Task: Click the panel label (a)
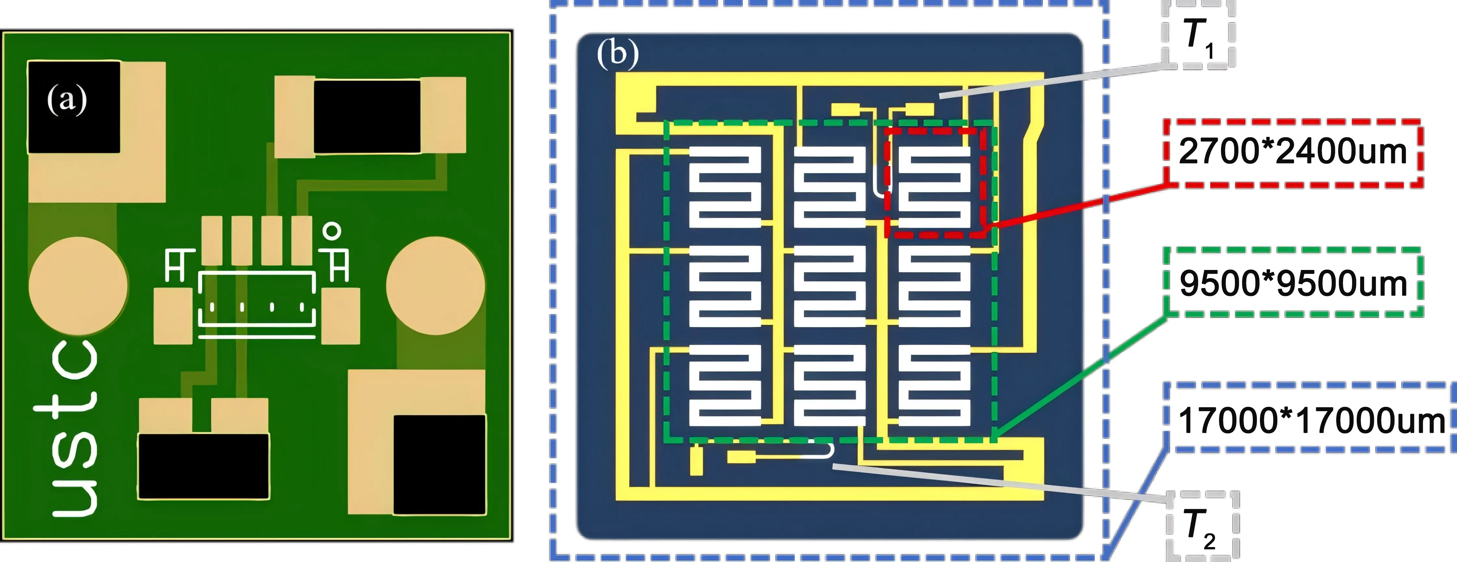(x=67, y=100)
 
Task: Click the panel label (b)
(x=618, y=54)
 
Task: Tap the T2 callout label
(x=1202, y=526)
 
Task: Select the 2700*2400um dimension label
(x=1292, y=152)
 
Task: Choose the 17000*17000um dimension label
(x=1311, y=420)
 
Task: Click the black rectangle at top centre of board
(x=367, y=116)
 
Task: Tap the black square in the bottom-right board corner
(x=439, y=464)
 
